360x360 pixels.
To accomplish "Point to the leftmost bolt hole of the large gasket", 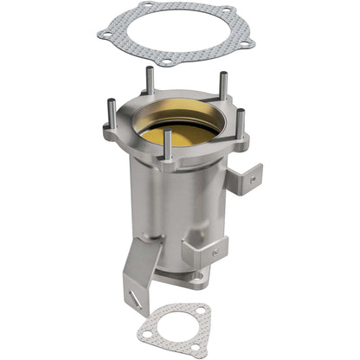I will coord(105,34).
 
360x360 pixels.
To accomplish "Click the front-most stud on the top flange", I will coord(167,145).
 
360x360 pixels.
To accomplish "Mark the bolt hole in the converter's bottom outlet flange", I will coord(198,278).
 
